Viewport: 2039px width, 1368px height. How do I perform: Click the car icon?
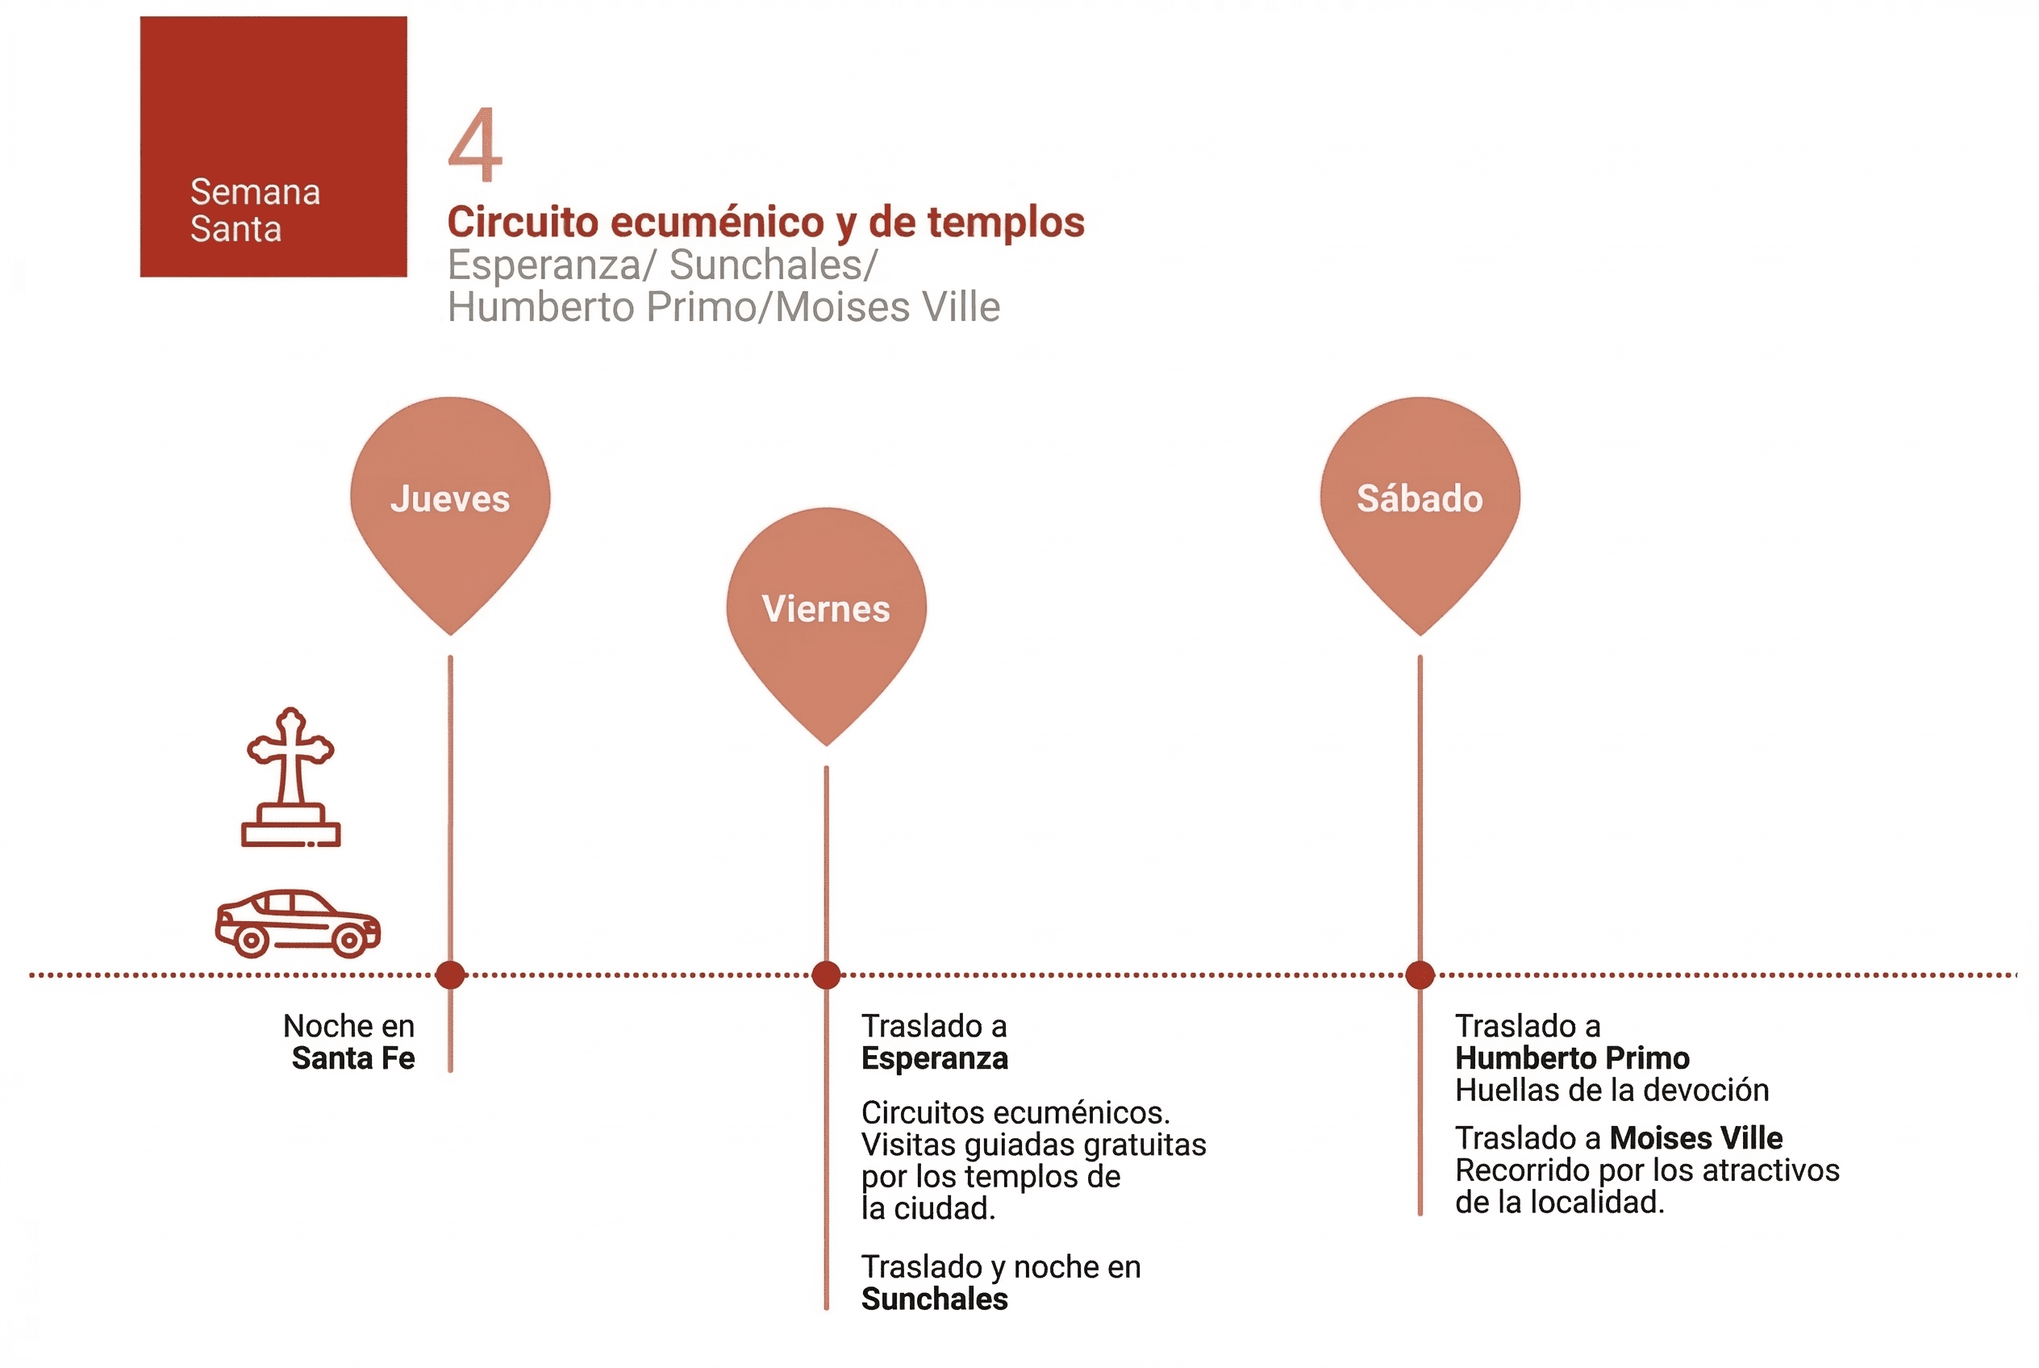(x=298, y=923)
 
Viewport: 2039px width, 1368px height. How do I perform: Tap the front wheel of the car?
(x=350, y=940)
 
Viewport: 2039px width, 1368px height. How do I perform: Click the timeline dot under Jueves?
(x=450, y=974)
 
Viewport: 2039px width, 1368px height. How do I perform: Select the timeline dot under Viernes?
(x=825, y=974)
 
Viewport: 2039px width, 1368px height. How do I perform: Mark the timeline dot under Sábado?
(x=1420, y=974)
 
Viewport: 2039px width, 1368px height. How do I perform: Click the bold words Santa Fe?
(x=353, y=1058)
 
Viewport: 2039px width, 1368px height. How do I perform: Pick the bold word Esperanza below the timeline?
(x=935, y=1058)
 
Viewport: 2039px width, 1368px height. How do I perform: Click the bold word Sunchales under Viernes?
(x=935, y=1299)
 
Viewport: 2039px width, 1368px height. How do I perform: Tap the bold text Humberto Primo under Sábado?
(x=1572, y=1058)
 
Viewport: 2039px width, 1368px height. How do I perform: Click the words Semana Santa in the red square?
(x=255, y=211)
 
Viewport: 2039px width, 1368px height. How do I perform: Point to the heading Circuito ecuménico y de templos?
(x=765, y=222)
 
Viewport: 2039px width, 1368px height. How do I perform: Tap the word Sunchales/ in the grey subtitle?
(x=773, y=265)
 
